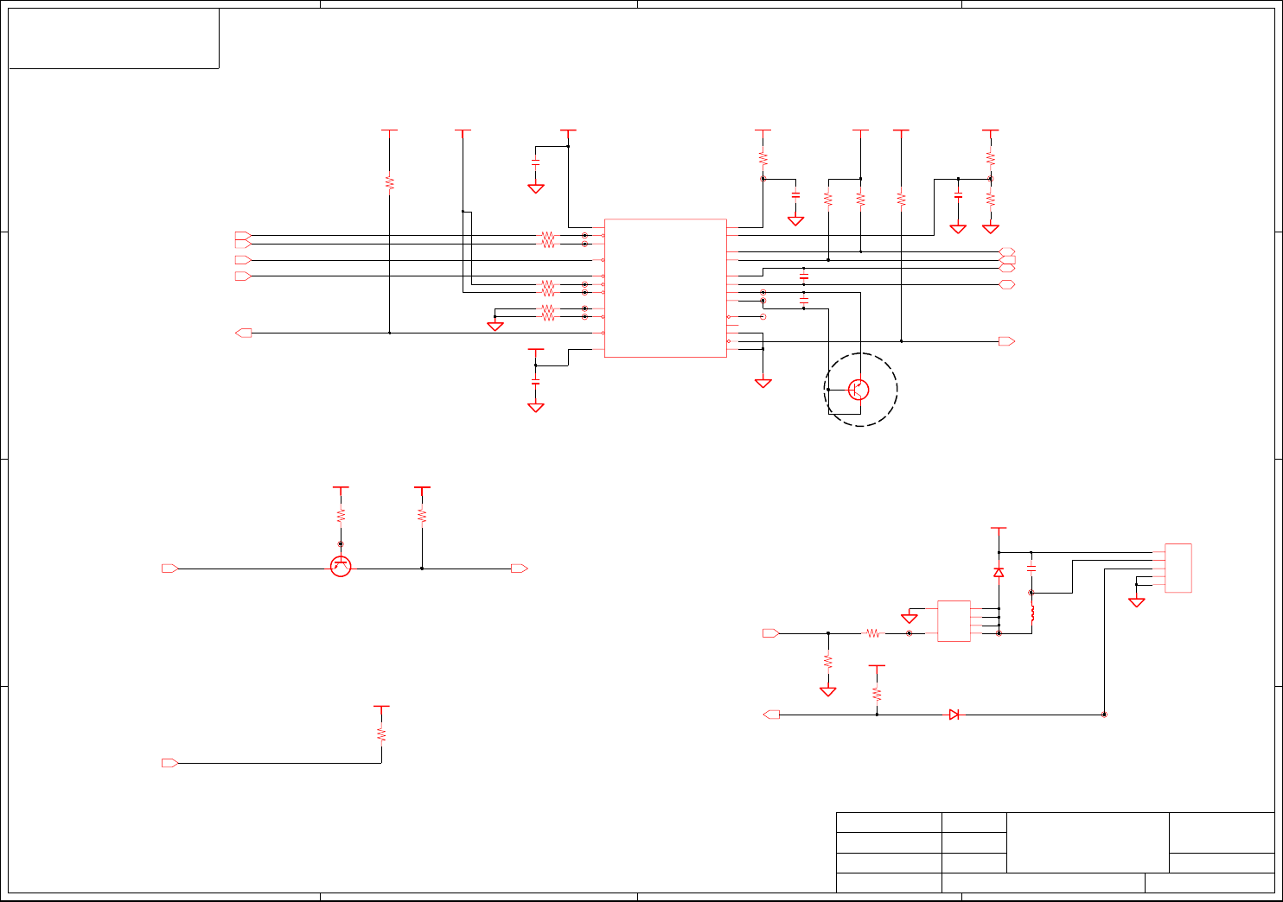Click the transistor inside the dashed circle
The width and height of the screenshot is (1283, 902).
[x=859, y=390]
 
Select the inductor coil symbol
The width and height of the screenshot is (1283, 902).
[x=1031, y=614]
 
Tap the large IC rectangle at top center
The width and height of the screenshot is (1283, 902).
[x=666, y=288]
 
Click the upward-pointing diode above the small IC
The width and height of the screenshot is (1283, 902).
[x=999, y=572]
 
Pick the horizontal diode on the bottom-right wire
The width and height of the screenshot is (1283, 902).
[x=954, y=715]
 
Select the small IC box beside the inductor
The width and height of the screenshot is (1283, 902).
[x=954, y=621]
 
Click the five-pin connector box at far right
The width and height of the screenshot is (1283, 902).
[x=1178, y=568]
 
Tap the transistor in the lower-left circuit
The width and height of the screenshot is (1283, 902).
[x=341, y=567]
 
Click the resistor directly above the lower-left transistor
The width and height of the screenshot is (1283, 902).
[x=341, y=515]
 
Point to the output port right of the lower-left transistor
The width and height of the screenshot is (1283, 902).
[x=519, y=569]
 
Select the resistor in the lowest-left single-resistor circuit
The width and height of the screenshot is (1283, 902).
[x=381, y=734]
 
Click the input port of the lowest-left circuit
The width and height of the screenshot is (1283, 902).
[x=170, y=763]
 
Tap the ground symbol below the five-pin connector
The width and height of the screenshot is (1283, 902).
[x=1137, y=602]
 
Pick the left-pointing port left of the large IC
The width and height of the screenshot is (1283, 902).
[x=244, y=333]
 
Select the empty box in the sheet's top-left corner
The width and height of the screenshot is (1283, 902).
[x=113, y=38]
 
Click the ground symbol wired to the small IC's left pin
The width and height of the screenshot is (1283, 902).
[x=909, y=618]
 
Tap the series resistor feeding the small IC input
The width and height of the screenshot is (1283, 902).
[x=873, y=633]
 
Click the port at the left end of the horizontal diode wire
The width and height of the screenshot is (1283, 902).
[x=771, y=715]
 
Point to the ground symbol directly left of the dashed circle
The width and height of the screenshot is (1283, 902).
[x=763, y=383]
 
